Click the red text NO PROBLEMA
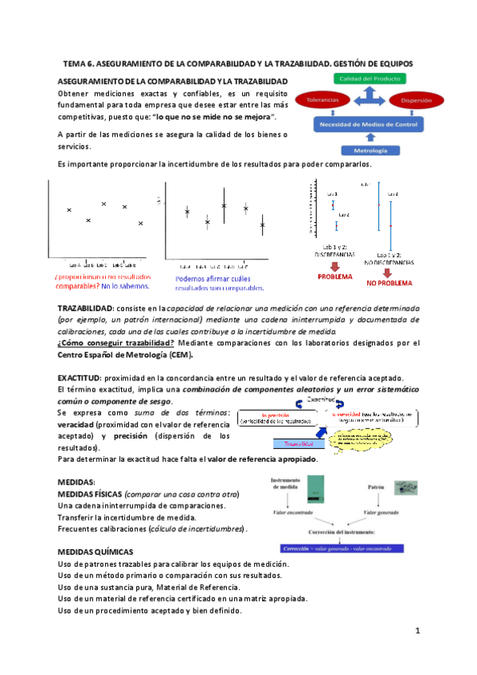(x=389, y=283)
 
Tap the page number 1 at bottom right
(x=416, y=630)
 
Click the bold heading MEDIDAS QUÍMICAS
(x=96, y=551)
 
